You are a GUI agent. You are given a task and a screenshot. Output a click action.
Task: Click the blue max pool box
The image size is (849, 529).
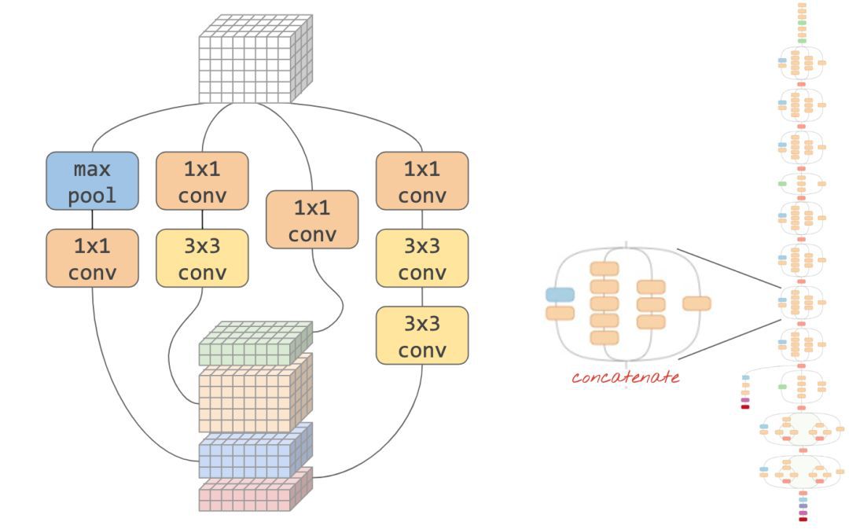[x=92, y=181]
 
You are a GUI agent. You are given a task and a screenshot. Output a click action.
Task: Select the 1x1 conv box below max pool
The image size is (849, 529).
[x=92, y=258]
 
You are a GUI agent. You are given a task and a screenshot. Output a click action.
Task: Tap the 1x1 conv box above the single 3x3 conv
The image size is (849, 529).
[x=202, y=181]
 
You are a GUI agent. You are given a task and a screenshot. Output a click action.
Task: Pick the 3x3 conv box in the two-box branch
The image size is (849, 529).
[x=202, y=258]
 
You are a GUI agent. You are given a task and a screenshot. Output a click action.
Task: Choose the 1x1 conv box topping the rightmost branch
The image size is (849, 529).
[x=422, y=181]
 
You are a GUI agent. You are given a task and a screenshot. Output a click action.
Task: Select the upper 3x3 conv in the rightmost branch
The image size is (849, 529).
[x=422, y=258]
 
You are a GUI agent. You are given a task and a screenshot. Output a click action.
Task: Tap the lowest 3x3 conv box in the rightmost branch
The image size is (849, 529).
[x=422, y=335]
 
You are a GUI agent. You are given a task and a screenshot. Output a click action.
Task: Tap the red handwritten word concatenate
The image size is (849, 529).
[x=625, y=377]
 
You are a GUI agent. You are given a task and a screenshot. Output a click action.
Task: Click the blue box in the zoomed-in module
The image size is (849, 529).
[x=560, y=295]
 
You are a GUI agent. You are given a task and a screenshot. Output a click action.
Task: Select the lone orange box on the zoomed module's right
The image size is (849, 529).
[x=696, y=303]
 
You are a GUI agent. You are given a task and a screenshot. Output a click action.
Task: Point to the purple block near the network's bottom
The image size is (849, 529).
[x=803, y=512]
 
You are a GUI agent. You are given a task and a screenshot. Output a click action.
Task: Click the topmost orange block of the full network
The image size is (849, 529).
[x=802, y=5]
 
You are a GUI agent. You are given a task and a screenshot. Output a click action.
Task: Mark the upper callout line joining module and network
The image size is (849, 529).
[x=727, y=268]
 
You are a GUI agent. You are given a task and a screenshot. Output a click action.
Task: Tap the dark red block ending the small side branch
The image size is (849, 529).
[x=745, y=406]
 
